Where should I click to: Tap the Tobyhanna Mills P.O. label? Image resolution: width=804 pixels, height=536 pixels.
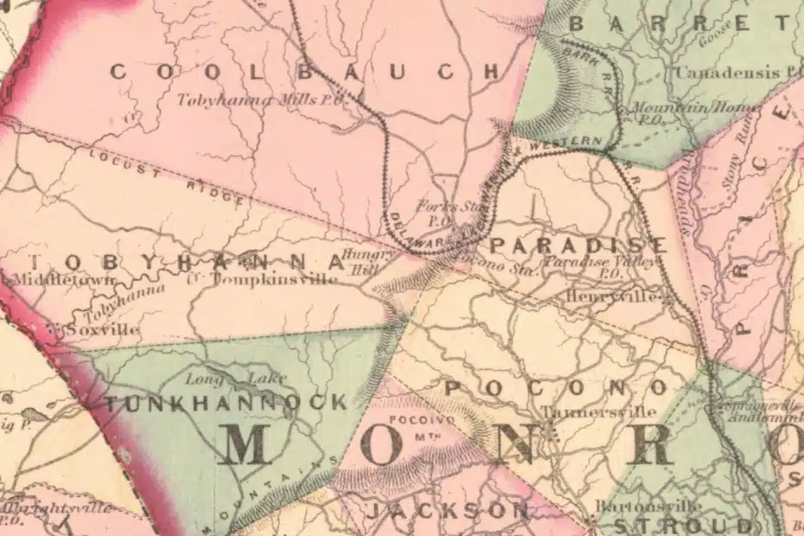(x=261, y=99)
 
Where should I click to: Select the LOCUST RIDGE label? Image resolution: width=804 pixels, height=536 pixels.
(x=169, y=176)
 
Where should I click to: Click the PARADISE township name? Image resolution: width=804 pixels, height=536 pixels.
(x=578, y=245)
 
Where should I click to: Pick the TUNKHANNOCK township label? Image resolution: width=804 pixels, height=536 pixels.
(x=225, y=402)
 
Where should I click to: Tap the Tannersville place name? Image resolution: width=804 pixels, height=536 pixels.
(x=598, y=412)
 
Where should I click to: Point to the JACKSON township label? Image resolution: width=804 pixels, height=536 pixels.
(x=446, y=511)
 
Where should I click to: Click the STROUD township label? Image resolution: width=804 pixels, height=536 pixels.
(x=683, y=525)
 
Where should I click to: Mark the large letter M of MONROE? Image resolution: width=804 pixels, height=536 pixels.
(x=256, y=445)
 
